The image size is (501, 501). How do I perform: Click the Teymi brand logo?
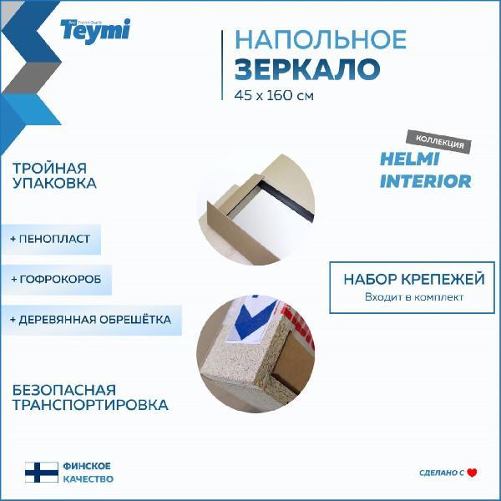click(95, 31)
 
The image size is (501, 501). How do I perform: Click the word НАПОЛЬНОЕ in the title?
click(321, 39)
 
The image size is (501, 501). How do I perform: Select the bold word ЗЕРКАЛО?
click(307, 69)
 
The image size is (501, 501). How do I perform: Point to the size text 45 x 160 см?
click(274, 95)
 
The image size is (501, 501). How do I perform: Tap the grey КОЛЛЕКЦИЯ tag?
click(439, 142)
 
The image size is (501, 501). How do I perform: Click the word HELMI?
click(410, 159)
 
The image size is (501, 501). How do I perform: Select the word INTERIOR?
click(426, 181)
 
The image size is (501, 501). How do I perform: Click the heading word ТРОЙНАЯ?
click(49, 169)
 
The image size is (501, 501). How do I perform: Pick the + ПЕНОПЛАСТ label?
click(50, 239)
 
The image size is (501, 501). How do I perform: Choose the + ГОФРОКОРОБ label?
click(56, 279)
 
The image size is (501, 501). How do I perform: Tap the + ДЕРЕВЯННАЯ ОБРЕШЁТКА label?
click(91, 320)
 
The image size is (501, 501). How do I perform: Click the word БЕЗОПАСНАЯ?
click(64, 390)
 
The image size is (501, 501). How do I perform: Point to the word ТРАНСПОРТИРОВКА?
click(90, 405)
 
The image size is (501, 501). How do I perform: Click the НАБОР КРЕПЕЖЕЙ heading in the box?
click(414, 279)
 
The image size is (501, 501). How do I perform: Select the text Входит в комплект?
click(414, 297)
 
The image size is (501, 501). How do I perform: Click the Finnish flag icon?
click(42, 473)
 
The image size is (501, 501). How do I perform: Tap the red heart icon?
click(472, 473)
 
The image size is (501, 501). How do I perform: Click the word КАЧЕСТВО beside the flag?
click(89, 479)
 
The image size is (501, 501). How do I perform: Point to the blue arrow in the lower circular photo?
click(255, 321)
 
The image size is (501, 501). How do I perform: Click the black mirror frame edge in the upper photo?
click(286, 200)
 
